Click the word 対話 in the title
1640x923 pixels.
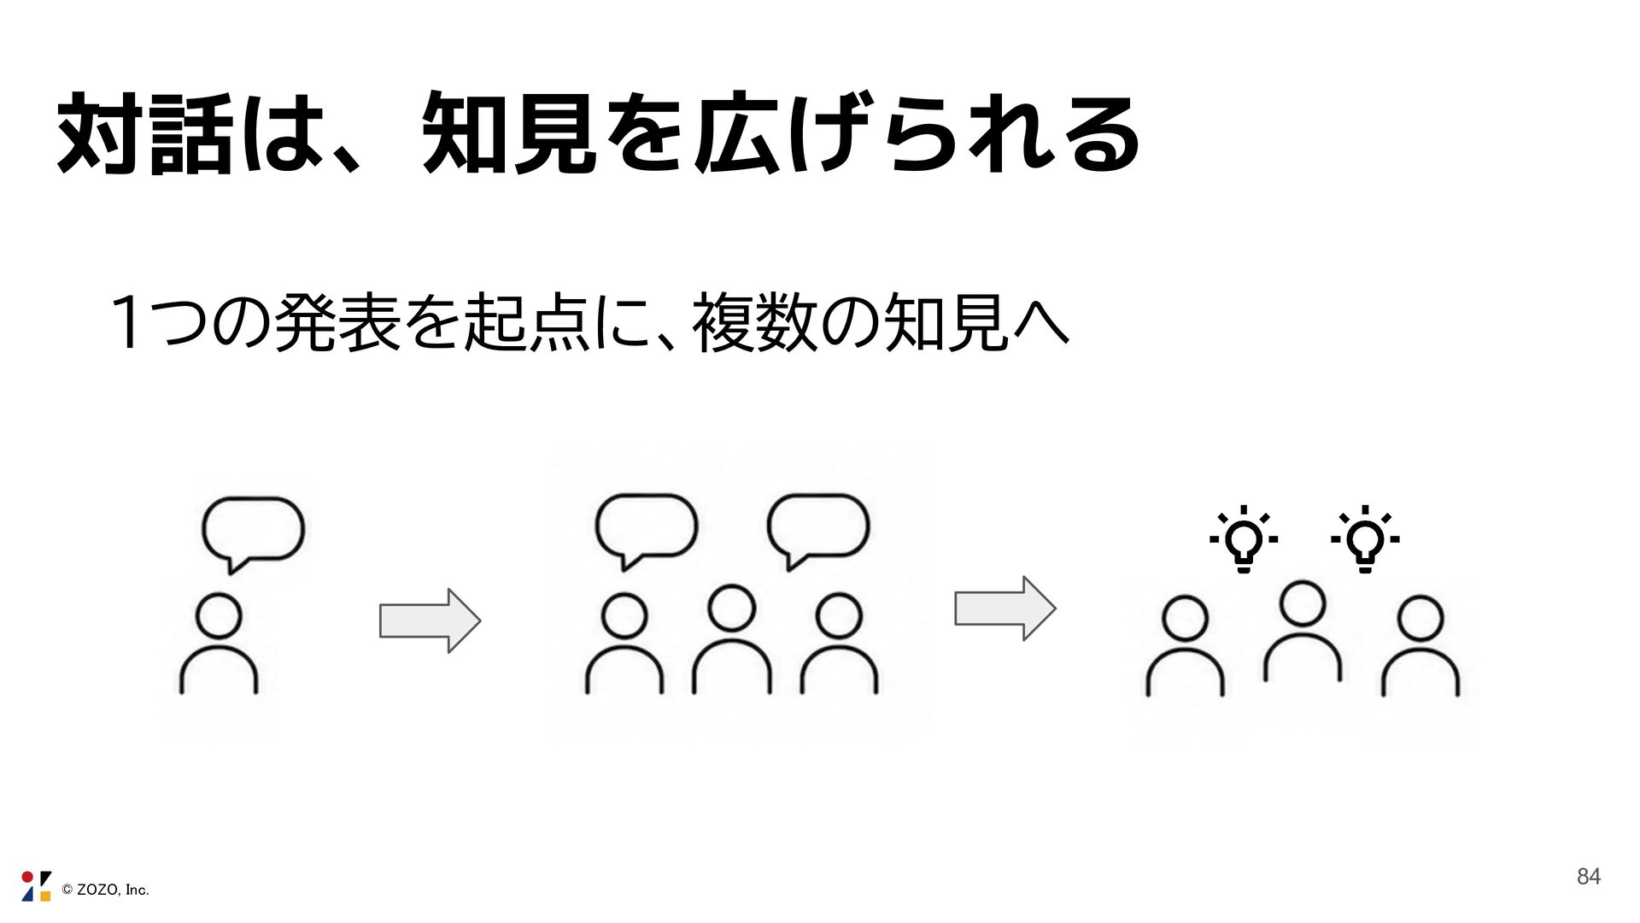(x=144, y=134)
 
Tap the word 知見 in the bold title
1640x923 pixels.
(x=510, y=134)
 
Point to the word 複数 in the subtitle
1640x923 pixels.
(x=755, y=322)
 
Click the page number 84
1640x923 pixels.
(x=1588, y=876)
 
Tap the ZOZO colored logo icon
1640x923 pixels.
(x=36, y=886)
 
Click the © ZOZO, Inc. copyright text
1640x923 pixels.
(x=105, y=890)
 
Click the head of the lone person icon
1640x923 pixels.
(x=219, y=616)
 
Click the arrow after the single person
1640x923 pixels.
(x=430, y=620)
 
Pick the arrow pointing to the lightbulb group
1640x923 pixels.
(x=1005, y=608)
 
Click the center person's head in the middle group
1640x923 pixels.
(x=732, y=608)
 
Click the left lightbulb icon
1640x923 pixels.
(x=1244, y=539)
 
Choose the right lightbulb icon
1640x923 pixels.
(x=1365, y=539)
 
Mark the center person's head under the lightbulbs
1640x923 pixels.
(x=1303, y=603)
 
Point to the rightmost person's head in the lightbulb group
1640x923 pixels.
(x=1420, y=618)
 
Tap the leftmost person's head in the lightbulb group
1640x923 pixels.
(x=1186, y=618)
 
